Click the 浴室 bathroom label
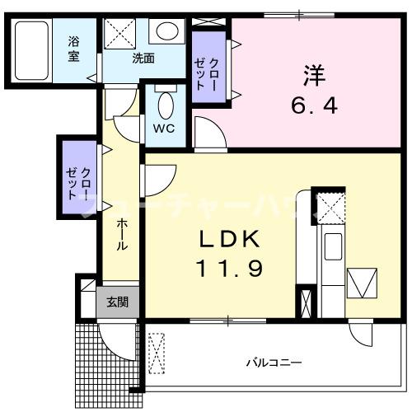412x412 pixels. pyautogui.click(x=73, y=49)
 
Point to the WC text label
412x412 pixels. pyautogui.click(x=165, y=129)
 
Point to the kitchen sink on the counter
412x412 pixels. pyautogui.click(x=334, y=245)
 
